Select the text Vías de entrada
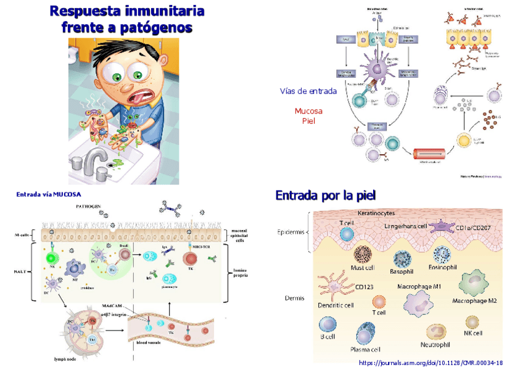308,91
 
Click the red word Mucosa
308,111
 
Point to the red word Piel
308,121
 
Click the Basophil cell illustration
402,257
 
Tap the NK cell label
473,333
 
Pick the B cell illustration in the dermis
327,325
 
